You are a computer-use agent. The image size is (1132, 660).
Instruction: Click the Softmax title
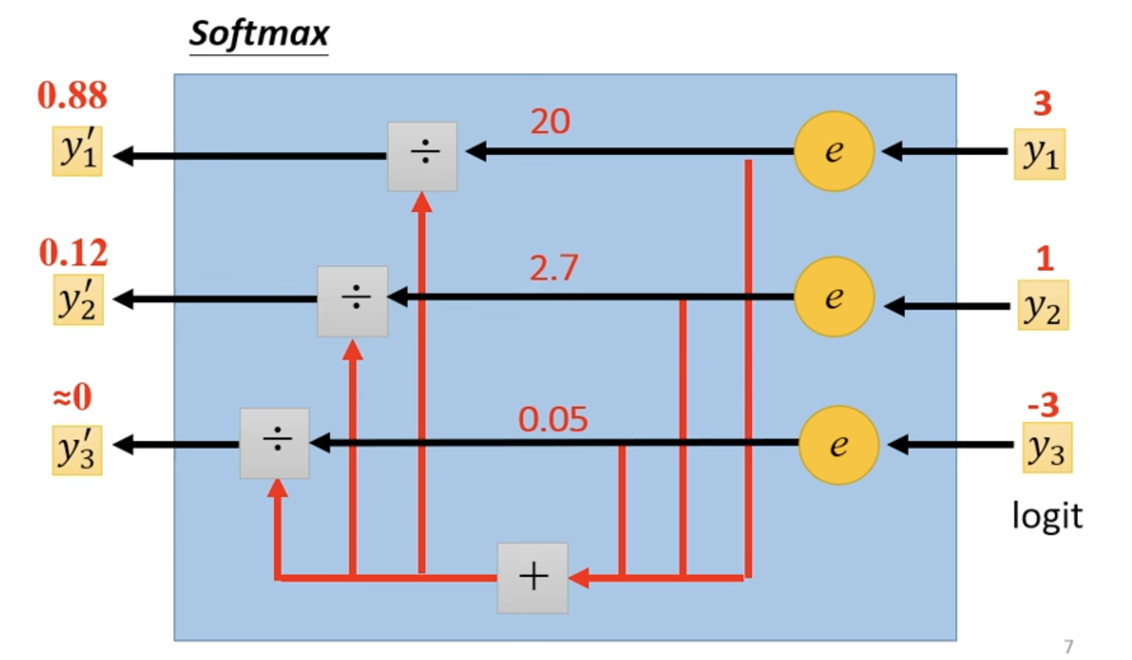pyautogui.click(x=259, y=35)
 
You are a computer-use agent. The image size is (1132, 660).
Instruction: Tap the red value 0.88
pyautogui.click(x=72, y=95)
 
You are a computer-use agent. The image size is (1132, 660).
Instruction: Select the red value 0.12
pyautogui.click(x=73, y=253)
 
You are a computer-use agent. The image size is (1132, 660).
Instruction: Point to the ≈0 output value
pyautogui.click(x=73, y=397)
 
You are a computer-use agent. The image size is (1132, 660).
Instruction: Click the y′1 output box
pyautogui.click(x=78, y=151)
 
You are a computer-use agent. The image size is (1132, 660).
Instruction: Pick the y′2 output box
pyautogui.click(x=79, y=300)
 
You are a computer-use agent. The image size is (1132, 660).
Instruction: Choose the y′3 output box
pyautogui.click(x=78, y=451)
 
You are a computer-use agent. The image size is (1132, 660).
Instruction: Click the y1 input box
pyautogui.click(x=1039, y=154)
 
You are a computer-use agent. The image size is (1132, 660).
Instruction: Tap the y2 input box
pyautogui.click(x=1043, y=305)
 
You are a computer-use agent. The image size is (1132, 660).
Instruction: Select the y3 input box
pyautogui.click(x=1048, y=448)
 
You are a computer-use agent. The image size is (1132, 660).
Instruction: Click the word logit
pyautogui.click(x=1047, y=515)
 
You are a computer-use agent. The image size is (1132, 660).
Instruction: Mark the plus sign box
pyautogui.click(x=533, y=578)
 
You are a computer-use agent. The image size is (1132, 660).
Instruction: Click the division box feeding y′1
pyautogui.click(x=423, y=156)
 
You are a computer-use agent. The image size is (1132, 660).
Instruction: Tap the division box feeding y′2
pyautogui.click(x=353, y=302)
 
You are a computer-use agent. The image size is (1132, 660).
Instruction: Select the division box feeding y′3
pyautogui.click(x=275, y=443)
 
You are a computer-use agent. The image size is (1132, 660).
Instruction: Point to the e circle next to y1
pyautogui.click(x=834, y=151)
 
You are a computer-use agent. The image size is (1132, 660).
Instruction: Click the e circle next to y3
pyautogui.click(x=839, y=445)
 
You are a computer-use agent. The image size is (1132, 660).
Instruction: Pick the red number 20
pyautogui.click(x=550, y=121)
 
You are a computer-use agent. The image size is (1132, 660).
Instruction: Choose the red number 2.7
pyautogui.click(x=553, y=268)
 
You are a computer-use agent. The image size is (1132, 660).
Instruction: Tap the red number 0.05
pyautogui.click(x=553, y=419)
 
